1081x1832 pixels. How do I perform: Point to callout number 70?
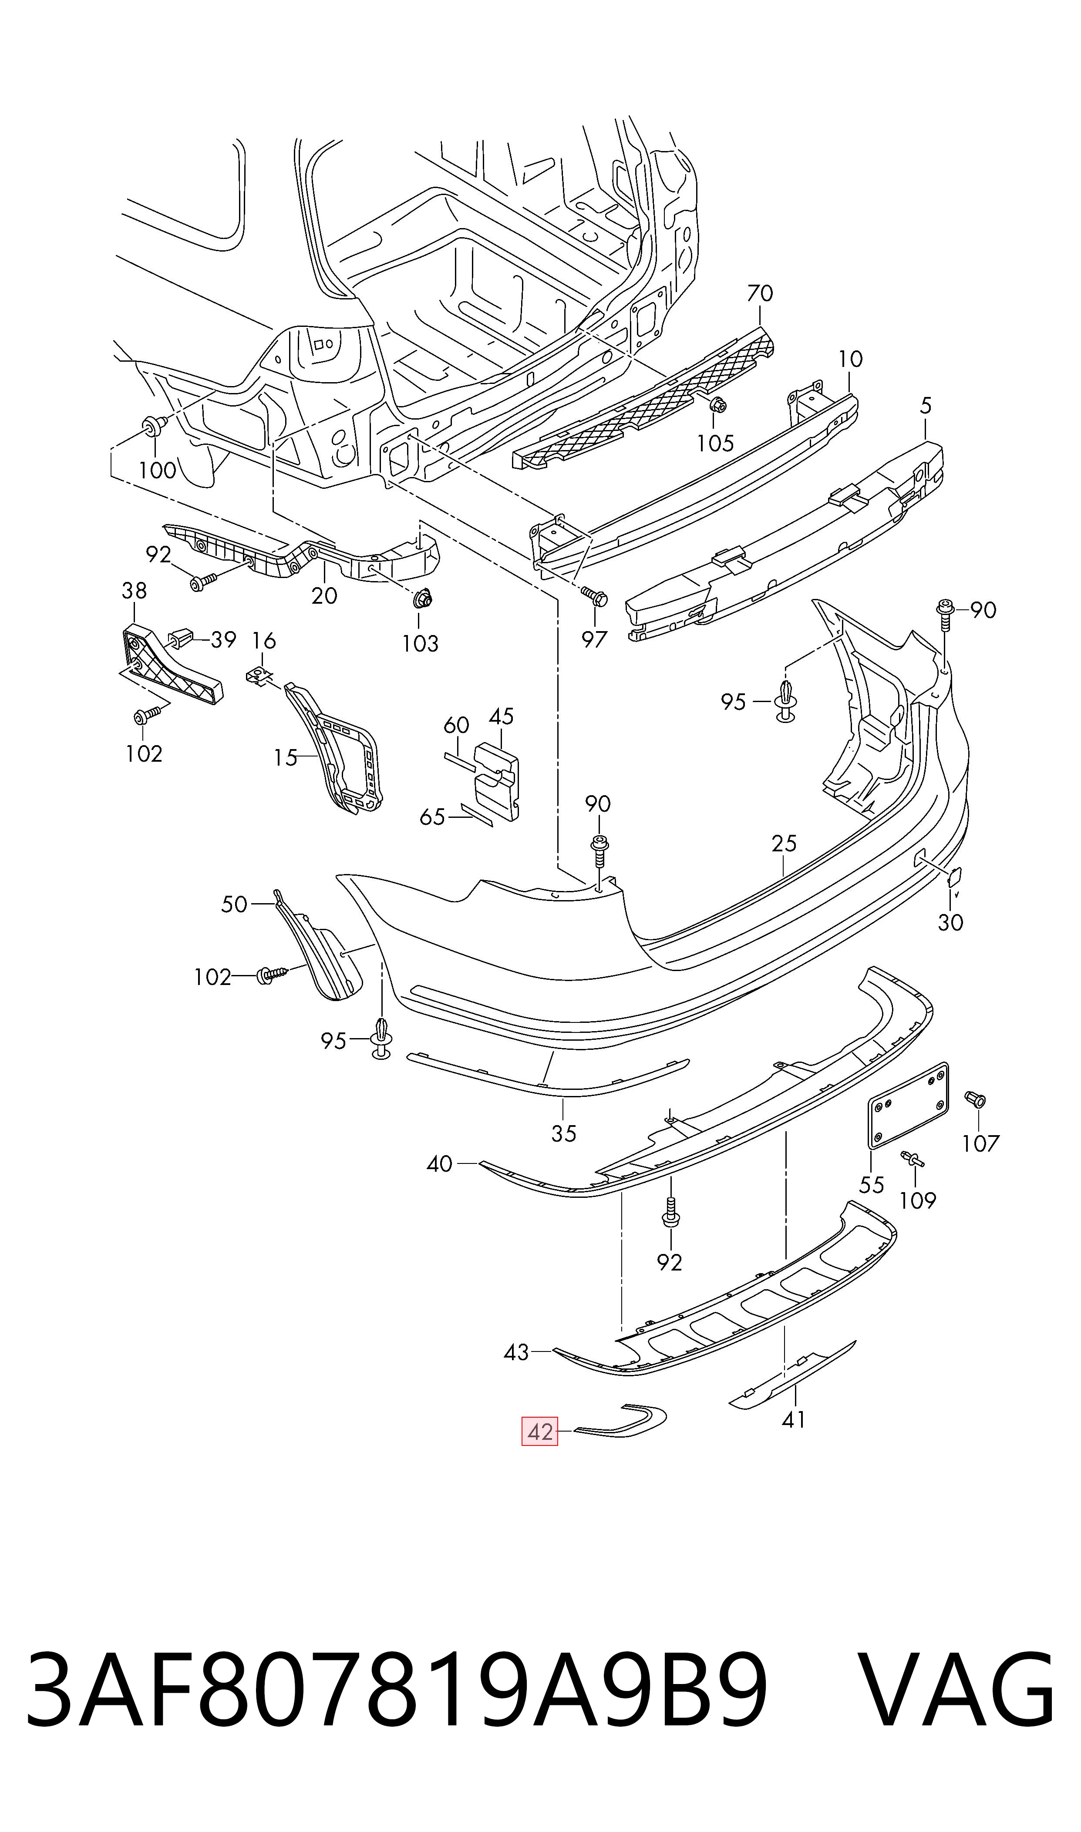point(760,293)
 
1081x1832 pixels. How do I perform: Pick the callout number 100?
point(157,471)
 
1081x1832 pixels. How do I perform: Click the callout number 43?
point(516,1352)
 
